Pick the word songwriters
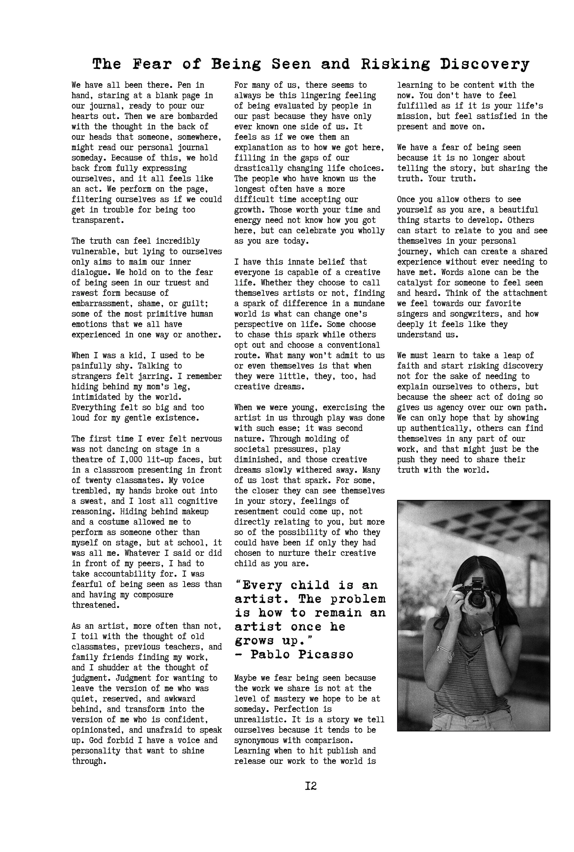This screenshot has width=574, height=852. pos(473,314)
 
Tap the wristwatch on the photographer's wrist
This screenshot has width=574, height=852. pos(488,630)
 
